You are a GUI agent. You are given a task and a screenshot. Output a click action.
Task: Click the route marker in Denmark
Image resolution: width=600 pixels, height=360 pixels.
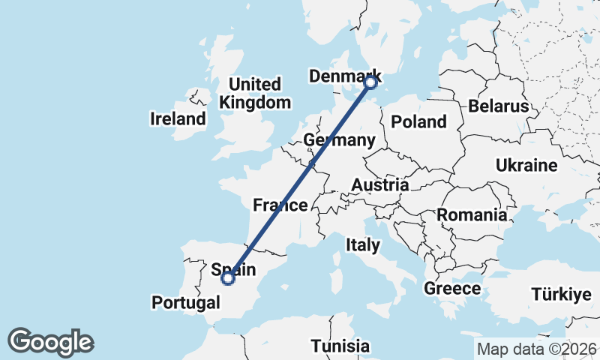tap(370, 83)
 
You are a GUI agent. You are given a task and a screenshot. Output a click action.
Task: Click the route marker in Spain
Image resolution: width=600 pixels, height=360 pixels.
tap(227, 279)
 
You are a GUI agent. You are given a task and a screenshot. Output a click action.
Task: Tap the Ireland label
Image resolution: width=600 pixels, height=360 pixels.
tap(178, 118)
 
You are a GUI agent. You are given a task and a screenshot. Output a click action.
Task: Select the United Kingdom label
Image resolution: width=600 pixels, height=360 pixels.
tap(255, 94)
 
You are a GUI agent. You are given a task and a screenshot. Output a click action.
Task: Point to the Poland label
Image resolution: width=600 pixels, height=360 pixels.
tap(418, 121)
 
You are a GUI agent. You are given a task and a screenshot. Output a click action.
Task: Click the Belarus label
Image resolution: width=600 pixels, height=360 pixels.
tap(499, 106)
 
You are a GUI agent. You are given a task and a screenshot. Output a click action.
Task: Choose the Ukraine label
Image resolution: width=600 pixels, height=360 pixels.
tap(526, 165)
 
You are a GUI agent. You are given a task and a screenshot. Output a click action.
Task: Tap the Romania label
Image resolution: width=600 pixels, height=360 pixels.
tap(472, 215)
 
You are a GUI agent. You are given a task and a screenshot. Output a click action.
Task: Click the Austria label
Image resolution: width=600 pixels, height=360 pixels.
tap(381, 184)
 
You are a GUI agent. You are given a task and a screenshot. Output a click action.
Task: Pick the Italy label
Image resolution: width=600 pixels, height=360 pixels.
tap(363, 244)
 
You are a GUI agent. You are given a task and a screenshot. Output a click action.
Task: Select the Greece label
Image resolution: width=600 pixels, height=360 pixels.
tap(452, 288)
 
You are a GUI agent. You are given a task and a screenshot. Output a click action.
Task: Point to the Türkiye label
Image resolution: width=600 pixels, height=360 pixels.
tap(561, 294)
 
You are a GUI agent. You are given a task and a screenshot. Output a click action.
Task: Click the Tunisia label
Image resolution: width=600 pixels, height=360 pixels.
tap(341, 346)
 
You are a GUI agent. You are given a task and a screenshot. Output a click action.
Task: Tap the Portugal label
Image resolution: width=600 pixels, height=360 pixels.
tap(186, 302)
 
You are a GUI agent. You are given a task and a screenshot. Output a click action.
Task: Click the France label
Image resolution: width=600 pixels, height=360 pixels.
tap(280, 205)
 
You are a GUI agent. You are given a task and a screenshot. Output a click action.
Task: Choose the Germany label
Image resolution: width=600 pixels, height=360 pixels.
tap(340, 141)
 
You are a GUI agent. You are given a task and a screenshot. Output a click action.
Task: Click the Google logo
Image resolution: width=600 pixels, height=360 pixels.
tap(50, 342)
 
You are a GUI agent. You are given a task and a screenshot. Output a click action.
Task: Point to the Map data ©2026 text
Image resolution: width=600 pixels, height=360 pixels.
tap(537, 349)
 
